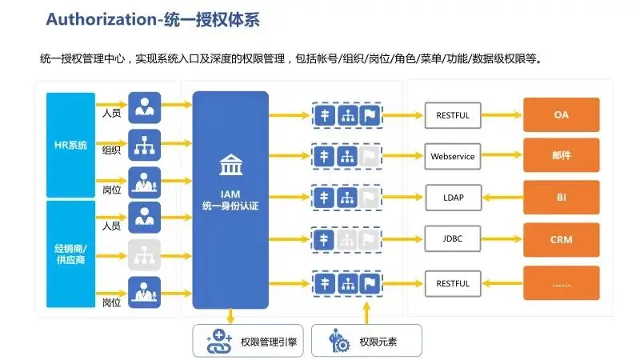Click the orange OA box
(x=561, y=115)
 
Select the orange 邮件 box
(x=561, y=155)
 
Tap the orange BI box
(x=561, y=196)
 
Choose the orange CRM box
(x=561, y=239)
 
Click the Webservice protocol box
(x=453, y=156)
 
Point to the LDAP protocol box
(x=453, y=197)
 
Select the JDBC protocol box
(x=453, y=238)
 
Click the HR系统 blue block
(x=71, y=145)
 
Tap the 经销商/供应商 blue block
(x=71, y=254)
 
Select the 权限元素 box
(x=362, y=342)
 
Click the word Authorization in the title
(x=94, y=18)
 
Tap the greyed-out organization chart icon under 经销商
(x=145, y=254)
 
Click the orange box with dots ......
(x=561, y=282)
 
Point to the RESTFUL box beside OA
(x=453, y=115)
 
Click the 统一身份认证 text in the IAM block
(x=230, y=206)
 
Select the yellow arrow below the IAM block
(x=230, y=316)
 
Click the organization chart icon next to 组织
(x=145, y=146)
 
